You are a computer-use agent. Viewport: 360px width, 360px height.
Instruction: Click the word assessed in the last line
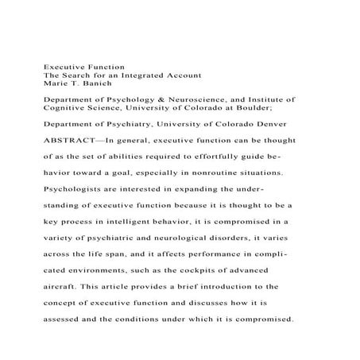pyautogui.click(x=65, y=326)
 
